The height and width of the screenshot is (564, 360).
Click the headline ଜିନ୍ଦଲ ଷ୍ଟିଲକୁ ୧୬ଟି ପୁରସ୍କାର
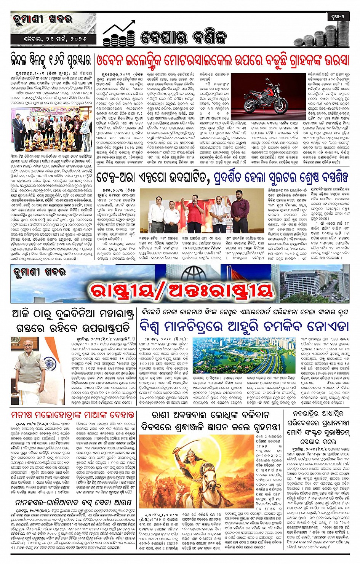coord(51,60)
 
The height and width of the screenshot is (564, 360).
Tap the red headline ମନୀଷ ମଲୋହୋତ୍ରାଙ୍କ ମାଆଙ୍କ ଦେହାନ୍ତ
coord(73,414)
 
